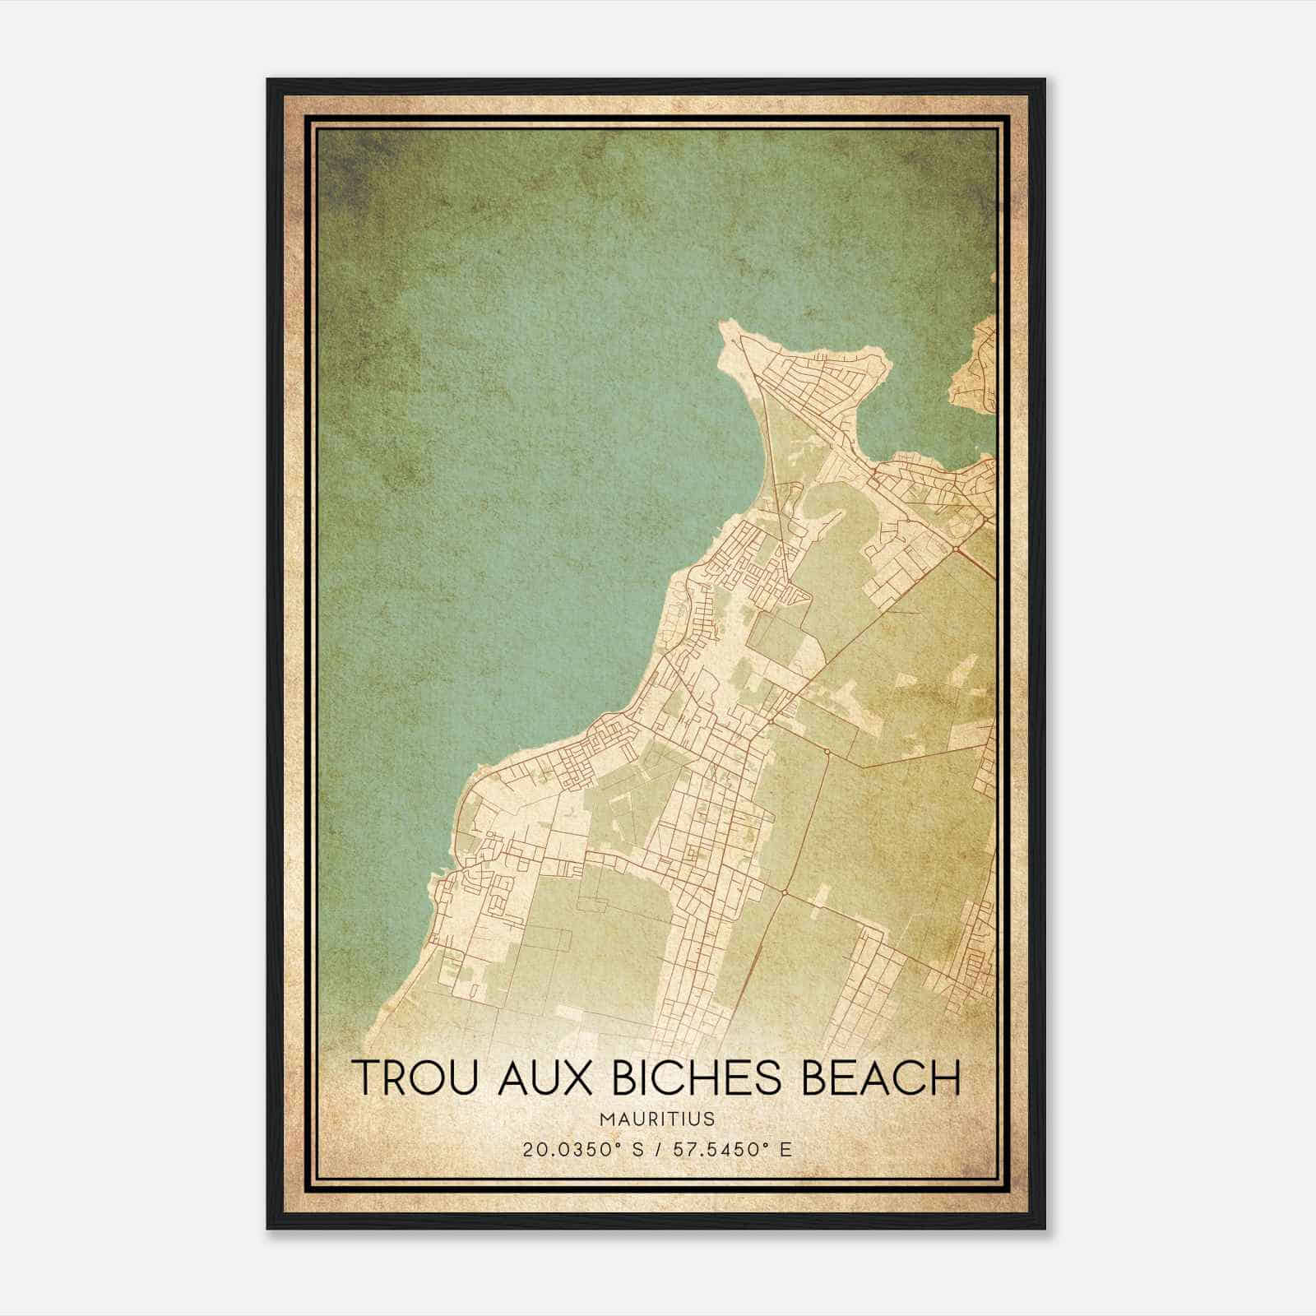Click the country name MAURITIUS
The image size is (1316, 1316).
coord(657,1119)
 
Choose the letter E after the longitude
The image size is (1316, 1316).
coord(786,1150)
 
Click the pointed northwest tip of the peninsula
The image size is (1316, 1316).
coord(724,326)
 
